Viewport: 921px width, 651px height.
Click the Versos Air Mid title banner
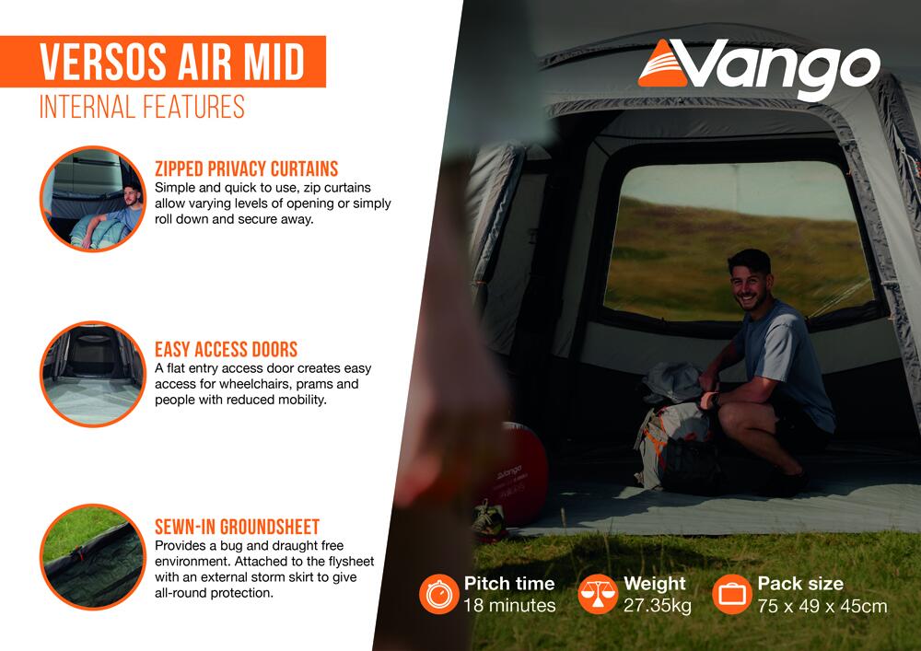(163, 62)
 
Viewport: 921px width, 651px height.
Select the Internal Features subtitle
(142, 107)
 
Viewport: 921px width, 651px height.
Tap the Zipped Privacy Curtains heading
(246, 169)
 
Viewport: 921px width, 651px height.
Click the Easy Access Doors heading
(227, 349)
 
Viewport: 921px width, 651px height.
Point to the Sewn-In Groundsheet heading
(238, 527)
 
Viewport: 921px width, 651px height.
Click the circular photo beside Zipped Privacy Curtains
(93, 198)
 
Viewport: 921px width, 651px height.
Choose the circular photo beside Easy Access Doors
(93, 374)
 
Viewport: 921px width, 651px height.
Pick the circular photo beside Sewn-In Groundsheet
(93, 556)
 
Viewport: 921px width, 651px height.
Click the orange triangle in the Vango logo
(662, 65)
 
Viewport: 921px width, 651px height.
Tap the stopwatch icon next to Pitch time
(438, 594)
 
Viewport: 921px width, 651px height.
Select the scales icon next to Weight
(598, 594)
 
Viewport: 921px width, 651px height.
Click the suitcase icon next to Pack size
(732, 594)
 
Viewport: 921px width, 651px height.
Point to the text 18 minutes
(509, 605)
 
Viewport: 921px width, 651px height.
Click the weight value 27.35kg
(658, 605)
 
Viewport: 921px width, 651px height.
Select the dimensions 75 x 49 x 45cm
(822, 606)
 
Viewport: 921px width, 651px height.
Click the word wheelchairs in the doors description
(255, 384)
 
